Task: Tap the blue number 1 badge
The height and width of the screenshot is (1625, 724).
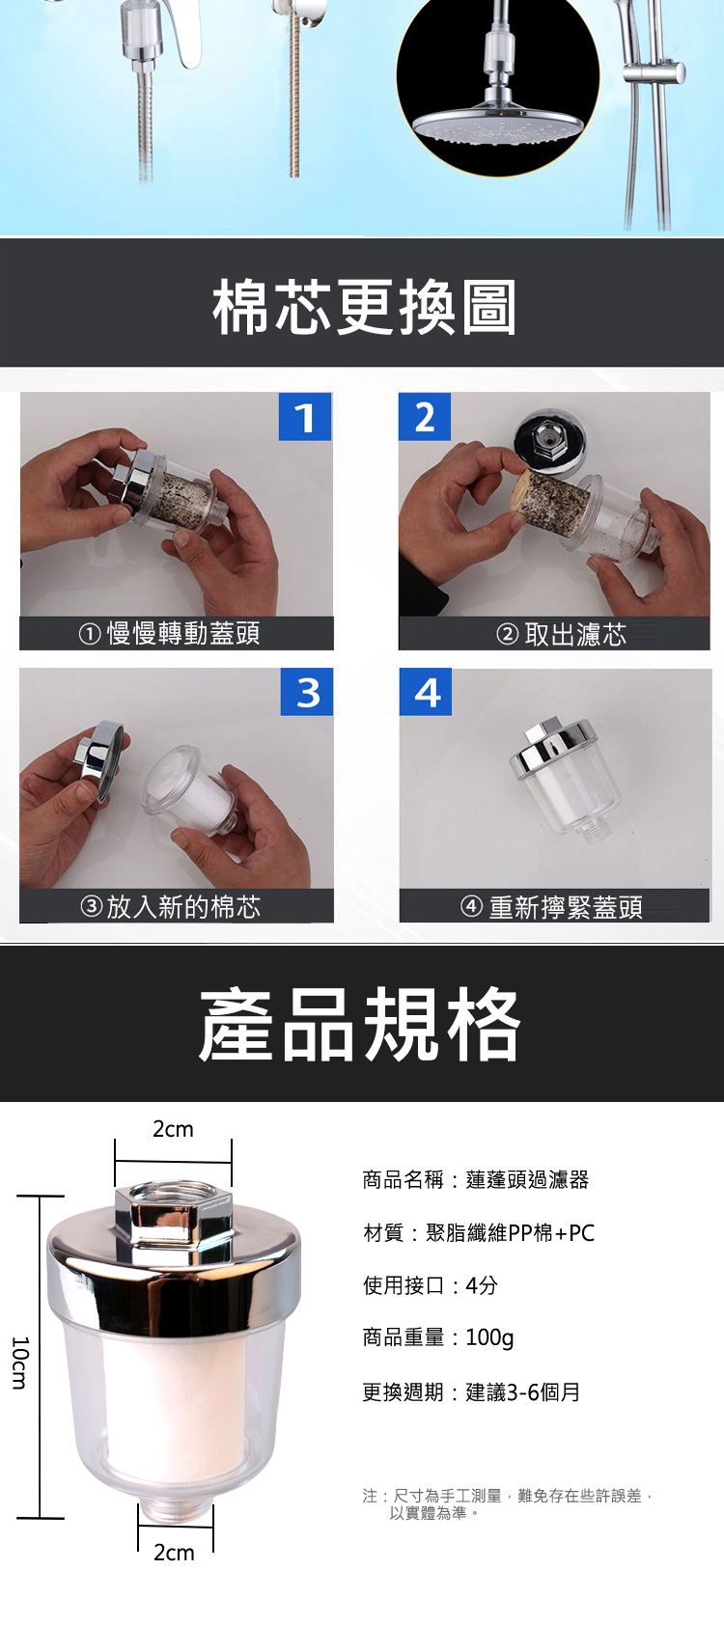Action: [305, 417]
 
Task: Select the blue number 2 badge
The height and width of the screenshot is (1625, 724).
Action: [425, 417]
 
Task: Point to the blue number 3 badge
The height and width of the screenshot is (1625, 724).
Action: [307, 691]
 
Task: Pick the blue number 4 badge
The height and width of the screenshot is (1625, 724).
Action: [426, 691]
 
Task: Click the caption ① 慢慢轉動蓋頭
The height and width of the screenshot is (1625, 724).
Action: [169, 633]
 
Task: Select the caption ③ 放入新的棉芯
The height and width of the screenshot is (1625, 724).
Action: [170, 907]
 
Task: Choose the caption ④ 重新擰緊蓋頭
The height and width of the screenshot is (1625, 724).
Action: [551, 907]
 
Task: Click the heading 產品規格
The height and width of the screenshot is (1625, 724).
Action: [360, 1024]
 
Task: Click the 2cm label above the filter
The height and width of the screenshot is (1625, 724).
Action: [174, 1129]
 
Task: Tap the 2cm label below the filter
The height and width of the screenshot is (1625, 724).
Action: [174, 1553]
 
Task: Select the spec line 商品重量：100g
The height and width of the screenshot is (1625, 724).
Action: [438, 1337]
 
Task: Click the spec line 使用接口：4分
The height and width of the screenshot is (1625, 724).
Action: [431, 1284]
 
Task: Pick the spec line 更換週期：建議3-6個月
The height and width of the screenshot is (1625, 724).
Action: [471, 1392]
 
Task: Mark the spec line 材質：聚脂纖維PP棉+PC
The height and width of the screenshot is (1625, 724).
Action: [479, 1232]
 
